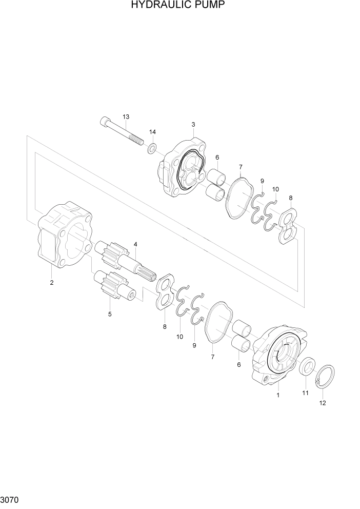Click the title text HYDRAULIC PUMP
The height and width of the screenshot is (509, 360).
tap(178, 6)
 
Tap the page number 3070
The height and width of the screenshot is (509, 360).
tap(10, 498)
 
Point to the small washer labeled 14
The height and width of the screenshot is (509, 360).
tap(152, 149)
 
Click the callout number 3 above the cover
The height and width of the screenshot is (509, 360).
tap(193, 124)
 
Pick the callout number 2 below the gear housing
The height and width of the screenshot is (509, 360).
tap(51, 283)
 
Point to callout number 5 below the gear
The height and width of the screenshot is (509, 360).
tap(109, 314)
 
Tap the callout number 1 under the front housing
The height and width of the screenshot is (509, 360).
tap(278, 395)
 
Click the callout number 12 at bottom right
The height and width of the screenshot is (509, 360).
tap(322, 403)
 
